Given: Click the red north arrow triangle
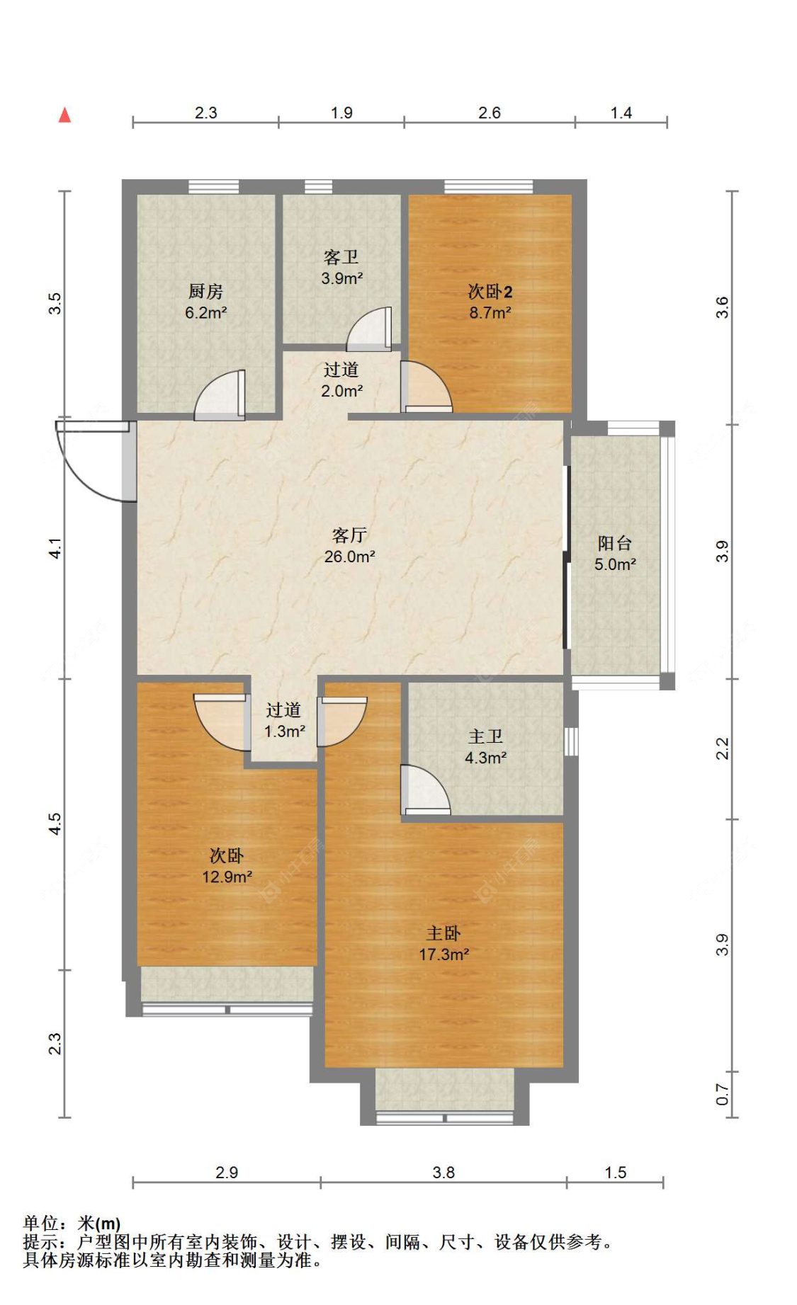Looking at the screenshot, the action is [64, 115].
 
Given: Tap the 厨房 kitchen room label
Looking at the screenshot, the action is [205, 301].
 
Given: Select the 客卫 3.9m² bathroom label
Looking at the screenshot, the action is [341, 267].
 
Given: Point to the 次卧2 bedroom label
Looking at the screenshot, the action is [490, 301].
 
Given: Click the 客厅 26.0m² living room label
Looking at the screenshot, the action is [349, 545].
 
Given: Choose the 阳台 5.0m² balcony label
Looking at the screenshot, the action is [615, 553].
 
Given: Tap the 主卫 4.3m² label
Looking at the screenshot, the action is [485, 746].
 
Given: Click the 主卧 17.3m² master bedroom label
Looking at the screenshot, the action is [443, 943].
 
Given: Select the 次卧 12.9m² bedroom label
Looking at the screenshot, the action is [227, 865].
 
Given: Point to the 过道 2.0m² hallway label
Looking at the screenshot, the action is [341, 380].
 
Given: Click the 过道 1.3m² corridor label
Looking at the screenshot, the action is [284, 720].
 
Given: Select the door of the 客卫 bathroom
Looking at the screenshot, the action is [368, 329].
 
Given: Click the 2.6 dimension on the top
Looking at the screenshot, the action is [489, 113].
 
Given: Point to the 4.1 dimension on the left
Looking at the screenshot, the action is [55, 548].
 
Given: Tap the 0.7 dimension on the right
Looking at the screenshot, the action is [721, 1095].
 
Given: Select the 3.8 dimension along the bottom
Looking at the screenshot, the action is [443, 1173].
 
